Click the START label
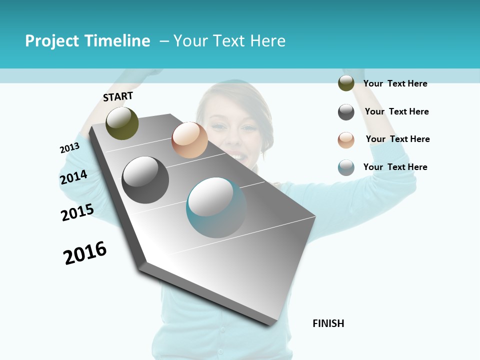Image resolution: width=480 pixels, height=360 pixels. tap(118, 96)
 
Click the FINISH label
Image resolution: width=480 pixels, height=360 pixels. tap(328, 323)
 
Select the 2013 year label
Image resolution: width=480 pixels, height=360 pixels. tap(69, 148)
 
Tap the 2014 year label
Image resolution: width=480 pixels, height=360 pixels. tap(73, 177)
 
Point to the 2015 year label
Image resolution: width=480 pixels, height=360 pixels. tap(77, 212)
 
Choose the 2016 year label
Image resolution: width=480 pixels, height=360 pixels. tap(85, 252)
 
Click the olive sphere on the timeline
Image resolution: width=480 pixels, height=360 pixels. tap(122, 123)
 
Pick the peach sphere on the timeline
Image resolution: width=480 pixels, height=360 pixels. tap(189, 140)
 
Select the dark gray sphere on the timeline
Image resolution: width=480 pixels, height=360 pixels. tap(145, 180)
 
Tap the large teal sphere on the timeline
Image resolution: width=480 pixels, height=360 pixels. tap(216, 207)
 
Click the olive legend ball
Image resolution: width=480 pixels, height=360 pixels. tap(346, 83)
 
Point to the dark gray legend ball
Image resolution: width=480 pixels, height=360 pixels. tap(346, 112)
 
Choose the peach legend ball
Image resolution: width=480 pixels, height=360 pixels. tap(346, 140)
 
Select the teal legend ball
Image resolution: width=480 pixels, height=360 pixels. tap(346, 167)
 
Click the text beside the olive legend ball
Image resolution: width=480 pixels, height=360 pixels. tap(395, 83)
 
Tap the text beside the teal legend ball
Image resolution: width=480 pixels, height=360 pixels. tap(395, 167)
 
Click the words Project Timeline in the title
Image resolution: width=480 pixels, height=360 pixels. tap(87, 41)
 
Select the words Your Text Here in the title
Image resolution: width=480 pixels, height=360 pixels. tap(229, 41)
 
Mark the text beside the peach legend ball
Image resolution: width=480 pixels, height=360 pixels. tap(397, 139)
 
